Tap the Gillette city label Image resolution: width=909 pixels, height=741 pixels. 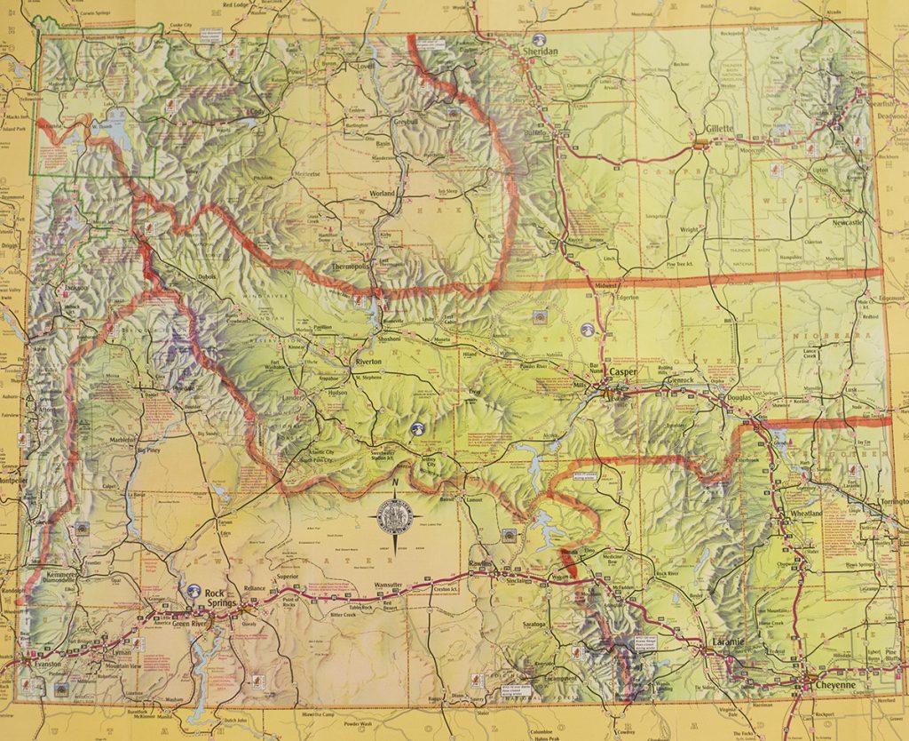tap(719, 129)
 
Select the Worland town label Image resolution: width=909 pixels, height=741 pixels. tap(383, 193)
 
